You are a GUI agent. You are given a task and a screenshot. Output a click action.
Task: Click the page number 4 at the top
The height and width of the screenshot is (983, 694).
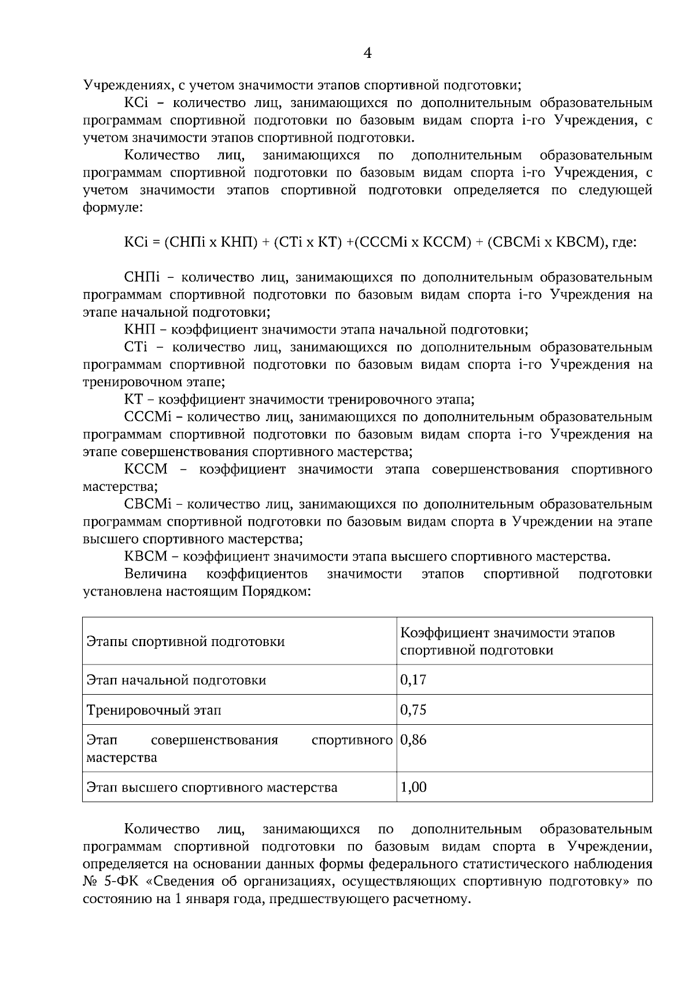coord(367,53)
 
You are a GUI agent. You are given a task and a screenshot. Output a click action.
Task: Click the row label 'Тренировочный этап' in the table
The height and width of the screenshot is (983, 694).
coord(153,710)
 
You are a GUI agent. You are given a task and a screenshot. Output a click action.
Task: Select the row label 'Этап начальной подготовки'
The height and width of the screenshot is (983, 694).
coord(176,680)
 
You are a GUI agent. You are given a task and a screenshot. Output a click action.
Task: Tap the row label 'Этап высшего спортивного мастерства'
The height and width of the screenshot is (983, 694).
coord(212,788)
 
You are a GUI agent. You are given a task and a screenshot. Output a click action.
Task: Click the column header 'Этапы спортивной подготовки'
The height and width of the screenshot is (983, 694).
coord(185,641)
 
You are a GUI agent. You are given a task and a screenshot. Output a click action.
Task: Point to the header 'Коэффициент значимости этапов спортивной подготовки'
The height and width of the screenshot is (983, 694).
coord(507,641)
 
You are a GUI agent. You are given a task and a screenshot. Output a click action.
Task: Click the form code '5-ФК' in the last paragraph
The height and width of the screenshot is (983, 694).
coord(123,882)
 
